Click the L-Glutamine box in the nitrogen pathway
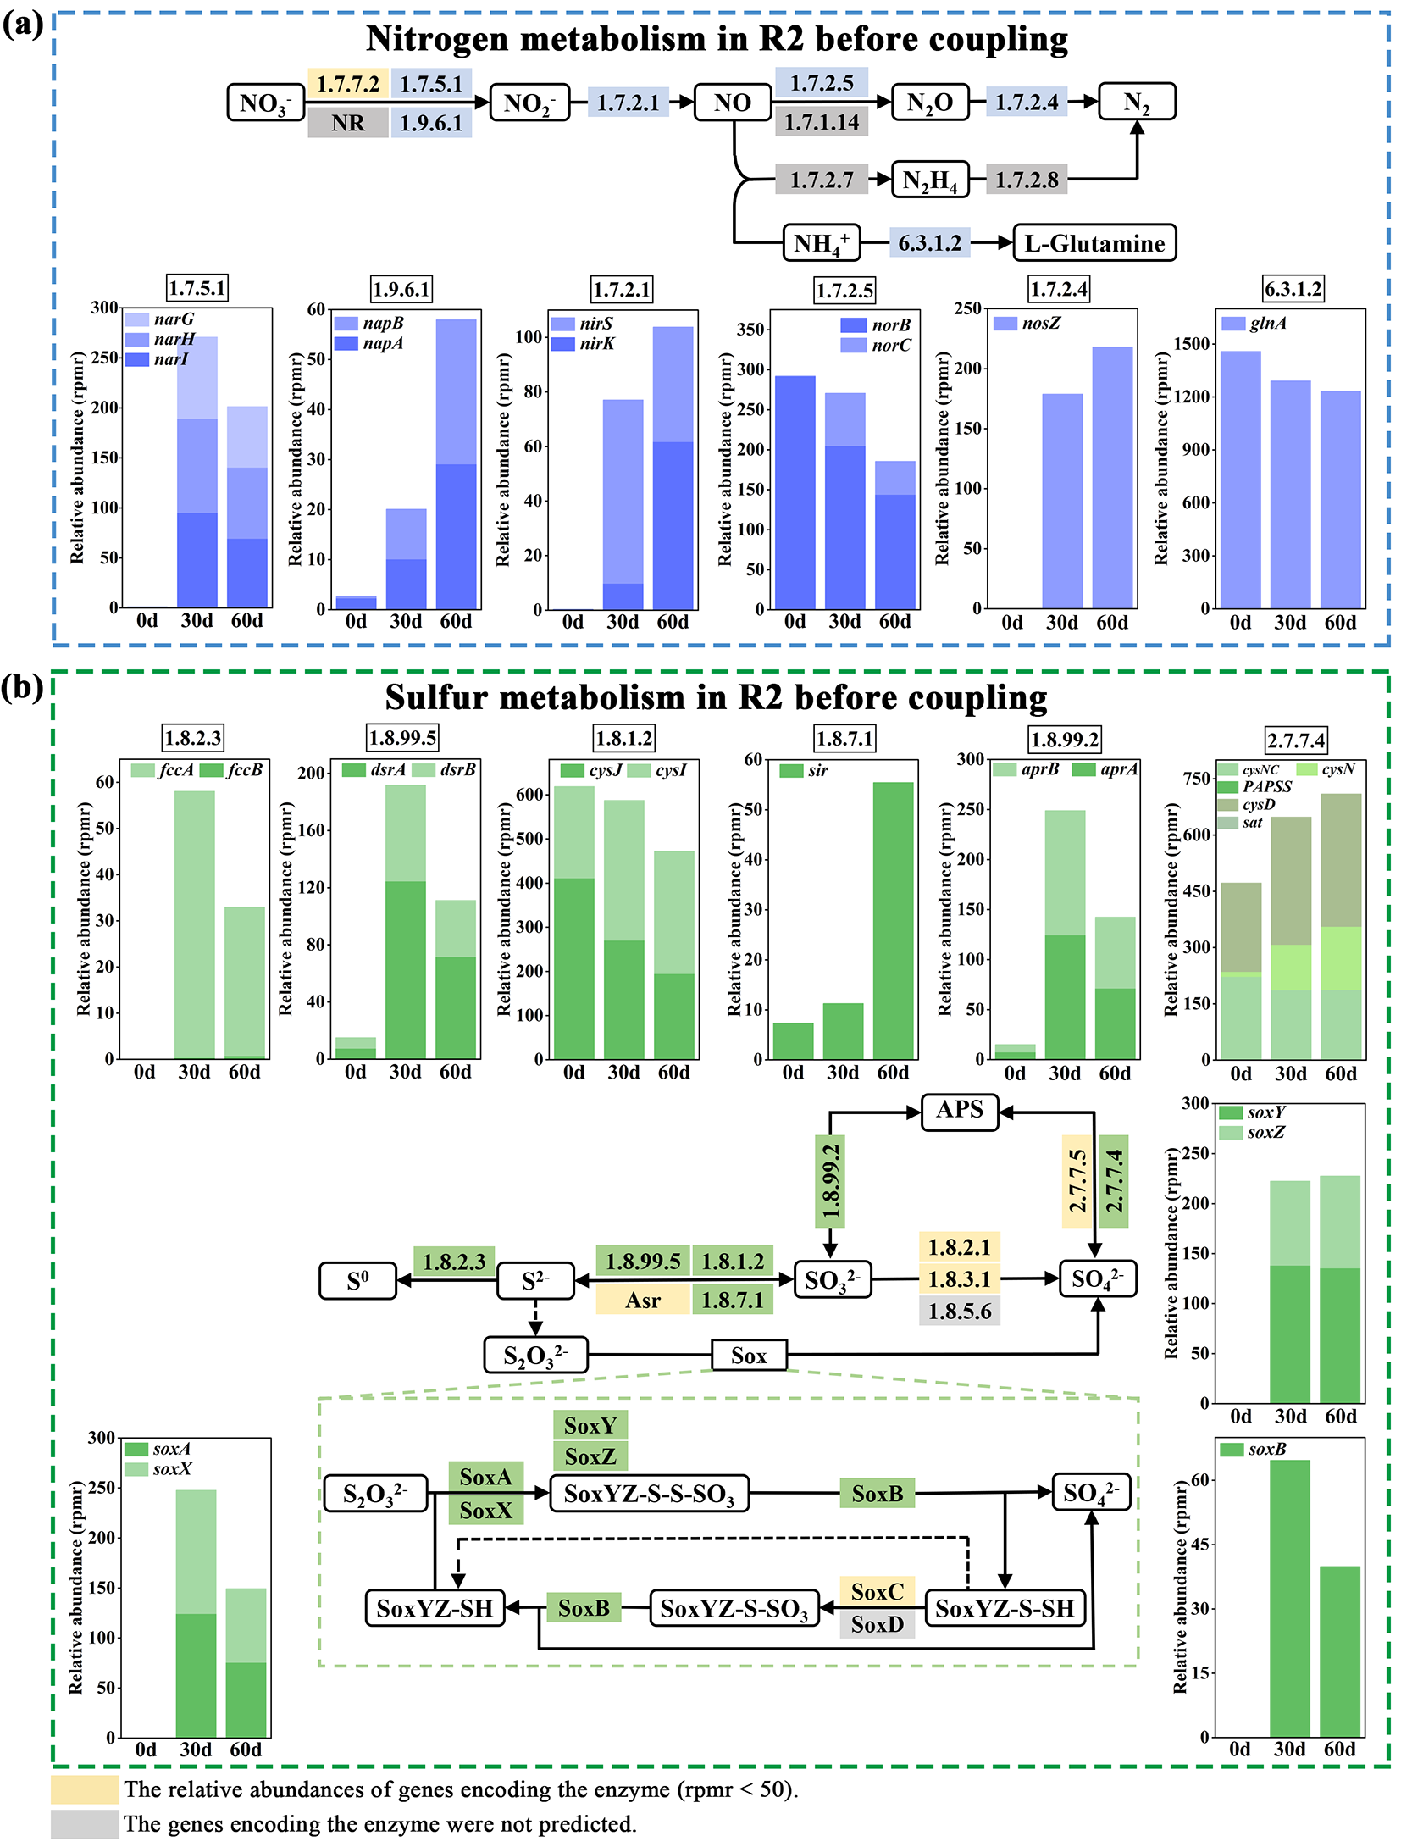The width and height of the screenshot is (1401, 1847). (x=1094, y=243)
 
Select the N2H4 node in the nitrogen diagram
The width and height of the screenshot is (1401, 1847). (x=929, y=180)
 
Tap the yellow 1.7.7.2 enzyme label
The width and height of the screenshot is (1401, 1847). (x=348, y=84)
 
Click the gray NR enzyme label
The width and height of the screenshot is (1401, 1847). (x=348, y=123)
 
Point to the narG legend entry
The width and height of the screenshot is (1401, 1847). (x=160, y=319)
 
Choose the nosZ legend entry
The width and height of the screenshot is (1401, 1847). (x=1027, y=323)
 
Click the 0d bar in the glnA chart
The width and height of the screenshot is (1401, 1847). (x=1240, y=480)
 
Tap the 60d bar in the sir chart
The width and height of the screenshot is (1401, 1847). (x=893, y=920)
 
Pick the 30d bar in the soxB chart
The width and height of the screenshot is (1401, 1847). (x=1289, y=1598)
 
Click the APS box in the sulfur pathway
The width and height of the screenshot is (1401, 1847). (x=959, y=1110)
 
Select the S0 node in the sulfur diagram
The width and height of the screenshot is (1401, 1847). (x=357, y=1280)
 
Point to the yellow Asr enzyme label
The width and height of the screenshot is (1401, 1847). (x=643, y=1300)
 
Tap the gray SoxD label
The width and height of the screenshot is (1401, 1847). (x=877, y=1624)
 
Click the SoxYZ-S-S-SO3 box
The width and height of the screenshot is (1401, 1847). (x=649, y=1493)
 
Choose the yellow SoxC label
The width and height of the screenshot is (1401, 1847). (x=877, y=1591)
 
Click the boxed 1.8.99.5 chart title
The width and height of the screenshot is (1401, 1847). (x=402, y=738)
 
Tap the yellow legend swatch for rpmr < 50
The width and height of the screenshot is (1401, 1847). (x=85, y=1789)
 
